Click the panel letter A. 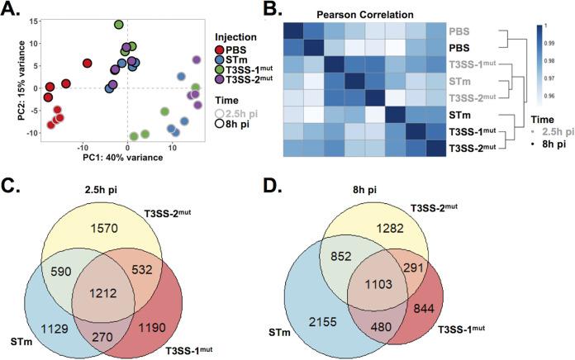coord(12,10)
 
